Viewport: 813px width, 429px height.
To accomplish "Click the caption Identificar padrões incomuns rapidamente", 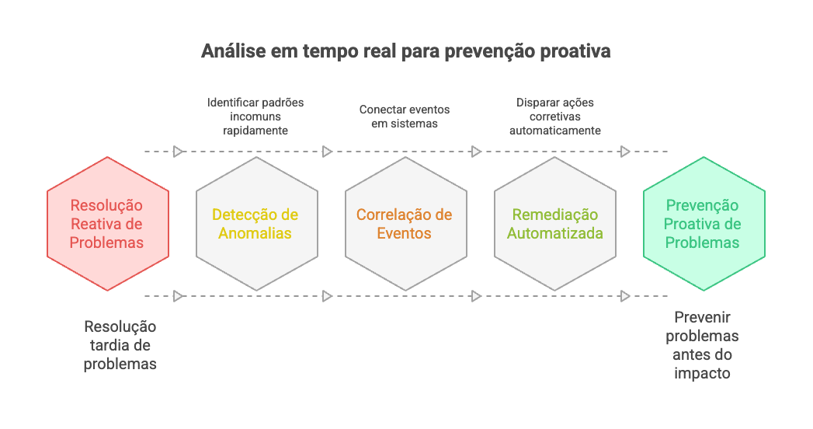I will pos(255,116).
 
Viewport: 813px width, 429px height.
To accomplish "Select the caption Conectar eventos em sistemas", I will pos(404,117).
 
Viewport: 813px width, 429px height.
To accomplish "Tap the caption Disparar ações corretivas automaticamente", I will pos(554,116).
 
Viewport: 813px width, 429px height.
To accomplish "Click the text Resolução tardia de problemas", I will pos(120,345).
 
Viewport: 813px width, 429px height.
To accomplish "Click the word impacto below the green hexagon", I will pos(703,373).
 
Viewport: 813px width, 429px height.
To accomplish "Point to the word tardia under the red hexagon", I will pos(120,345).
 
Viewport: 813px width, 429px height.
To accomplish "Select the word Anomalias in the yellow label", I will pos(255,233).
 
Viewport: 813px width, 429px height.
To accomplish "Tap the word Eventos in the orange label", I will pos(404,233).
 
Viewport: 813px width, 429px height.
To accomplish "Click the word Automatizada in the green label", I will pos(554,233).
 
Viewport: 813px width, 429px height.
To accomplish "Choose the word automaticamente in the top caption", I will pos(554,131).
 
